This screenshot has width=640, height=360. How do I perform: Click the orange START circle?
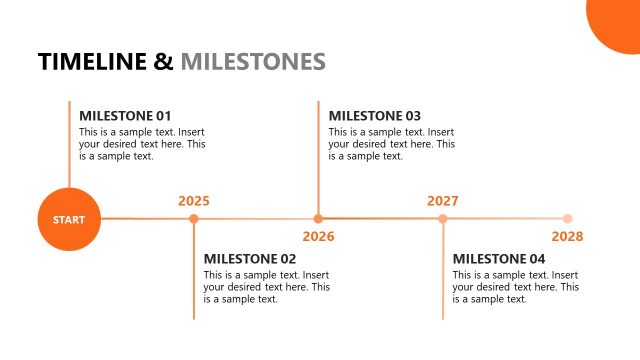point(69,219)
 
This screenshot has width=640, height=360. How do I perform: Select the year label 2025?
point(194,201)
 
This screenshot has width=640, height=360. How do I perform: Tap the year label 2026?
point(318,237)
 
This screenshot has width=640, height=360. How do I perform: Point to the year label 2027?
point(443,201)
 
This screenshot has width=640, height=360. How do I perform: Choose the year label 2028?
point(567,237)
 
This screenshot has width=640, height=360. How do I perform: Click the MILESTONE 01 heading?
point(125,115)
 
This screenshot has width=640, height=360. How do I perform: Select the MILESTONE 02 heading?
point(250,259)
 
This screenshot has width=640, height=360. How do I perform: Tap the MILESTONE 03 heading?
point(375,115)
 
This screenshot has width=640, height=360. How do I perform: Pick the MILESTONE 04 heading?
point(499,259)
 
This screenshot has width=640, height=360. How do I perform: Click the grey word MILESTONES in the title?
point(253,62)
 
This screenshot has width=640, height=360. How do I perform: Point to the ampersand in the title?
point(165,62)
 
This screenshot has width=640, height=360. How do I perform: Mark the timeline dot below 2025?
point(194,218)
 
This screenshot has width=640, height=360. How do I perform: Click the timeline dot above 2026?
point(318,218)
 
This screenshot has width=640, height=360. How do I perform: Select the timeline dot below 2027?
point(443,218)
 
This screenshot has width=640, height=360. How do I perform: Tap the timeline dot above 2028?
point(567,218)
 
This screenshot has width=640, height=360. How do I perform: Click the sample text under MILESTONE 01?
point(142,143)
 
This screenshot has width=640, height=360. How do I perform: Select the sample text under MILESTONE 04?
point(515,287)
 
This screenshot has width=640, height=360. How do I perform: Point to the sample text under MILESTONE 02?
point(266,287)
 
